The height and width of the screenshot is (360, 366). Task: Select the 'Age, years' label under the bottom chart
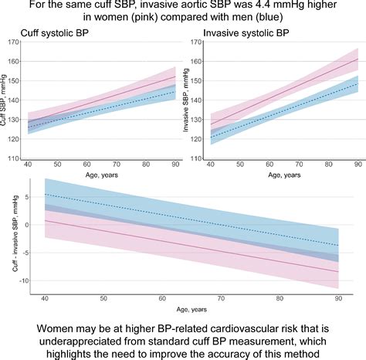182,309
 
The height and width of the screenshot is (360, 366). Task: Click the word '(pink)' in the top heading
148,18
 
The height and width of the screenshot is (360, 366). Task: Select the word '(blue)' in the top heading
293,18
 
